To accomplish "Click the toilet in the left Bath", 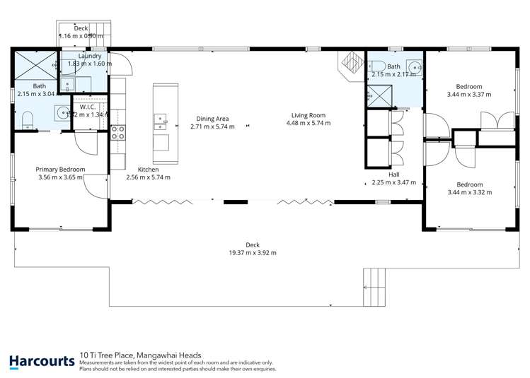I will tap(26, 119).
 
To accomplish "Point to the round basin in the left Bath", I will tap(62, 112).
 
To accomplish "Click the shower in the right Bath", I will tap(379, 94).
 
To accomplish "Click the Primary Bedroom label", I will tap(61, 170).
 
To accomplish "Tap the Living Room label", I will tap(308, 115).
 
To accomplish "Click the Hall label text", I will tap(394, 174).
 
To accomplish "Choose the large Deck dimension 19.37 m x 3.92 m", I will tap(252, 252).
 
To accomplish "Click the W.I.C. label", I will tap(88, 107).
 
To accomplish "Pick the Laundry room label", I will tap(89, 55).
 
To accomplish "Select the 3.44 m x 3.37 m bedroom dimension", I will tap(468, 93).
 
